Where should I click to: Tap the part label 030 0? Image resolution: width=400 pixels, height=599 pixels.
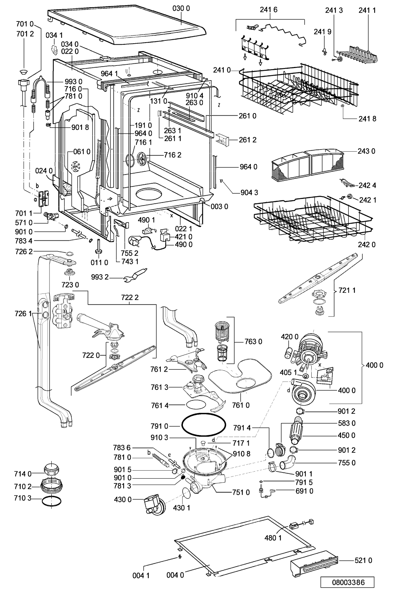181,9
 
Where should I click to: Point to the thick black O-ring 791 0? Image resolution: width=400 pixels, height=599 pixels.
204,425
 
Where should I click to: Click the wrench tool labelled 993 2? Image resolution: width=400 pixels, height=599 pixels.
135,275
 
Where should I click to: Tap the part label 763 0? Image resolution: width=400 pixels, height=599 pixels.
253,342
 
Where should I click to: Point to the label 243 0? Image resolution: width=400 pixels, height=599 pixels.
366,151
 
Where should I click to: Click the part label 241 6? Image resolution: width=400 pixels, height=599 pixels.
269,10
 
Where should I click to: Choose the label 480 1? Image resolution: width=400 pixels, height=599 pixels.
273,538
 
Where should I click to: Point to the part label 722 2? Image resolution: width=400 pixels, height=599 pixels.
130,297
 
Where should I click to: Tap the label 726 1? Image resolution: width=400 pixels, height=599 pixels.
23,314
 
